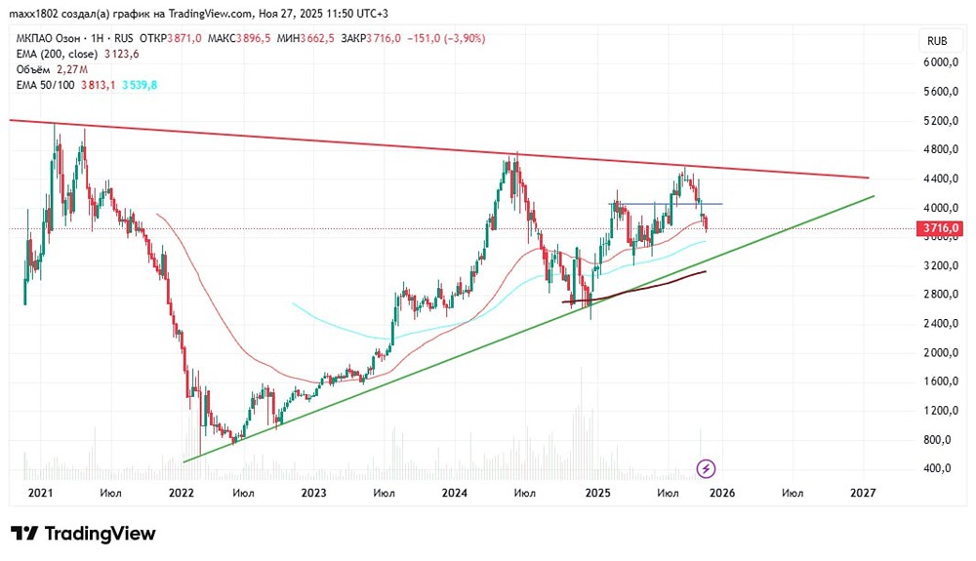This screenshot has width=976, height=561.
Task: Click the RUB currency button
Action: (937, 41)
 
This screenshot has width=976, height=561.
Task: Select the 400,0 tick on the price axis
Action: (938, 468)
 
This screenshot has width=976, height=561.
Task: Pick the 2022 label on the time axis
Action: (181, 493)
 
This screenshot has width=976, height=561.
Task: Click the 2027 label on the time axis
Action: (863, 493)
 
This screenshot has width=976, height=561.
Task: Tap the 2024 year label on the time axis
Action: (455, 493)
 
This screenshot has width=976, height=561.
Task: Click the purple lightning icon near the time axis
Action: (707, 469)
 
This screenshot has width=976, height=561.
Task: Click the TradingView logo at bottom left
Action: (83, 534)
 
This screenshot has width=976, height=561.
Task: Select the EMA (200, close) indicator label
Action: (57, 54)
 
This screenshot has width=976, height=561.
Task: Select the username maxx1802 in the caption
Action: (30, 14)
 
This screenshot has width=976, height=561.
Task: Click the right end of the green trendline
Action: (873, 196)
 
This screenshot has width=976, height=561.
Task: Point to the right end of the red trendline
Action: (867, 178)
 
